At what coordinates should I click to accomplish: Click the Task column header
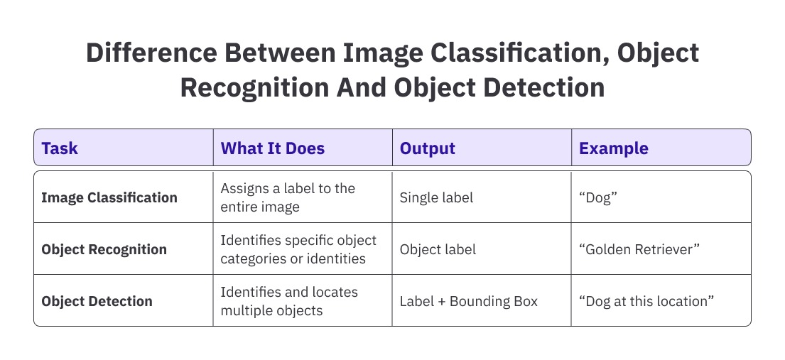pos(60,148)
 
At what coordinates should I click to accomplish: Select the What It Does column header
pos(272,148)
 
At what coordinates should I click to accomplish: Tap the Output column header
pos(427,148)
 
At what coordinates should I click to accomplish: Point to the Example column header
pos(613,148)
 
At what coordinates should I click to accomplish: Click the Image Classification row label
pos(109,197)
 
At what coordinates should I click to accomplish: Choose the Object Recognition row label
pos(104,249)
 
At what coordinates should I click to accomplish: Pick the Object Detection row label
pos(97,301)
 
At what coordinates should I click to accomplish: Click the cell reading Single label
pos(436,197)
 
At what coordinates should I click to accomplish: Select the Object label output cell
pos(438,249)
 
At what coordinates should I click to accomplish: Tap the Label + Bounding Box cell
pos(468,301)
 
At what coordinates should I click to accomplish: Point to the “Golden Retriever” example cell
pos(640,249)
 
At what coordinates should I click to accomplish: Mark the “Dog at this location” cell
pos(646,301)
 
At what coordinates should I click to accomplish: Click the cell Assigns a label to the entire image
pos(288,197)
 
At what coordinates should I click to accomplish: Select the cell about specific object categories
pos(298,249)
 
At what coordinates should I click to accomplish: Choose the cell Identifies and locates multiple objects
pos(289,301)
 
